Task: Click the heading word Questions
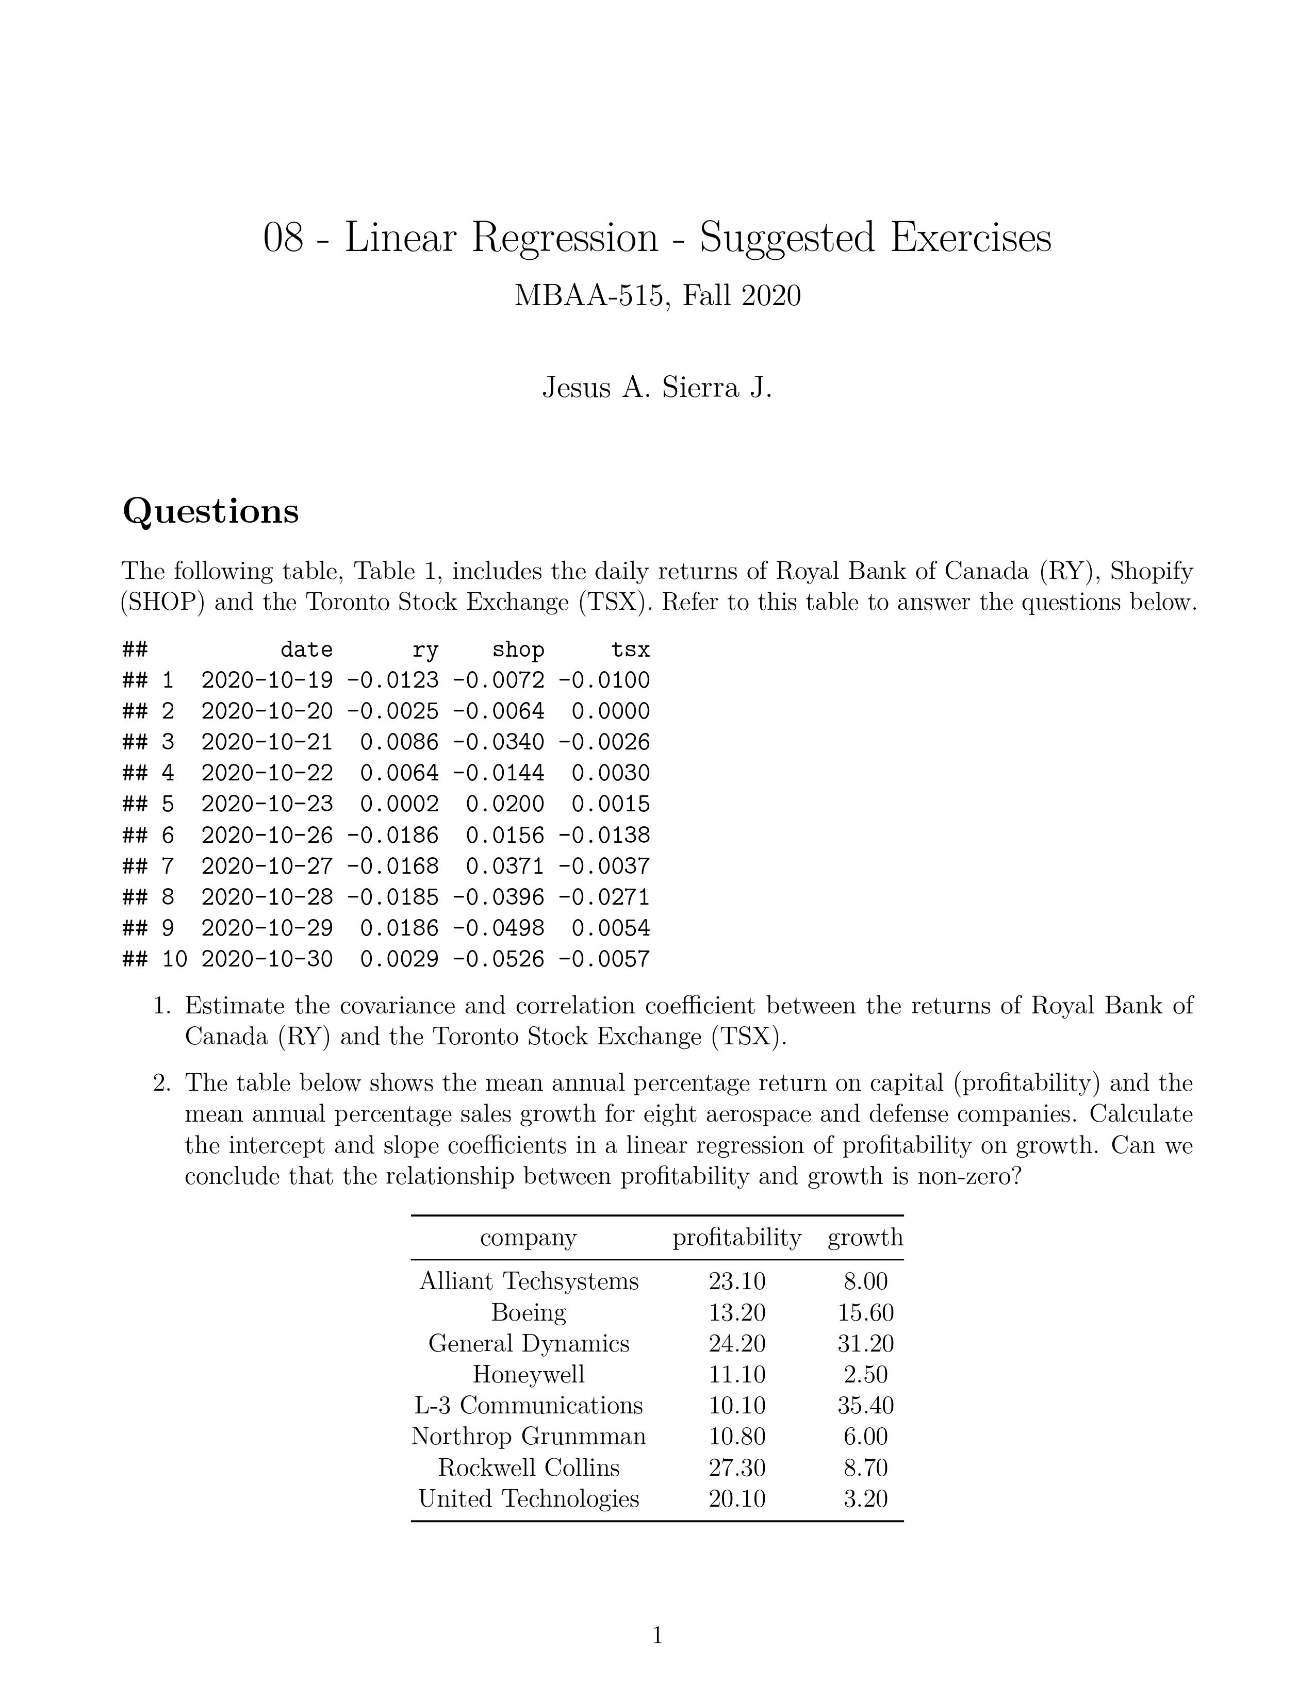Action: click(210, 512)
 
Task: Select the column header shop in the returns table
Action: click(518, 649)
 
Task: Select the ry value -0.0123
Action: click(392, 681)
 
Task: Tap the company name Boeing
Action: click(528, 1312)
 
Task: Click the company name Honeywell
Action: click(528, 1375)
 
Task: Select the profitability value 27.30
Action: click(737, 1467)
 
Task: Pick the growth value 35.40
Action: click(865, 1406)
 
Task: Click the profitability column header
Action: click(737, 1238)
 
